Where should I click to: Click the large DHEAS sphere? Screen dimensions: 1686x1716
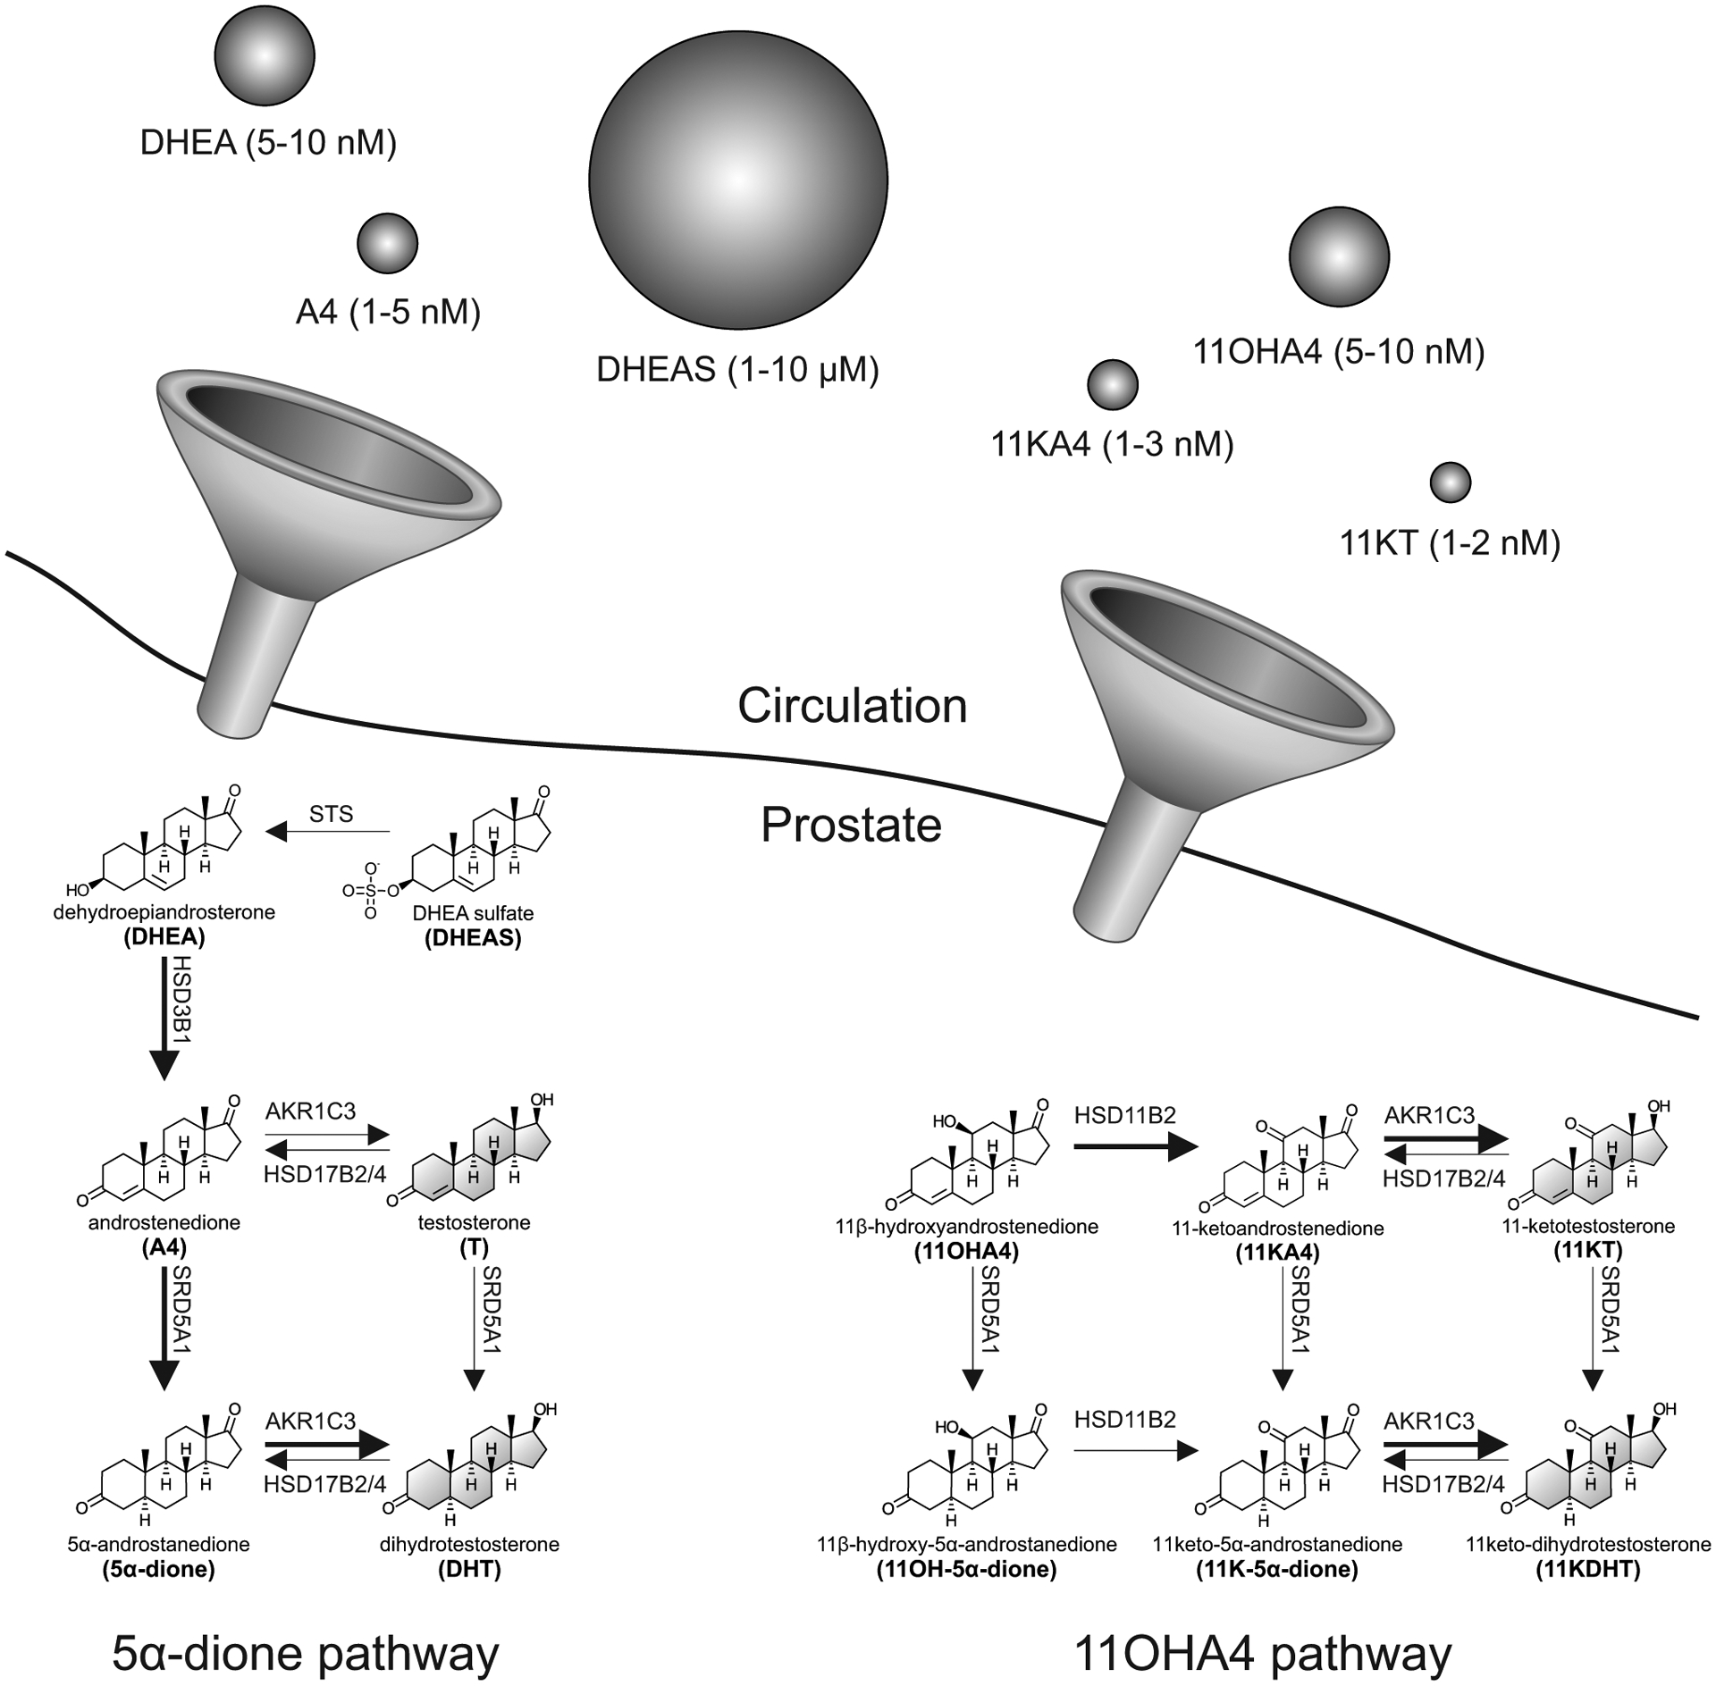pyautogui.click(x=737, y=180)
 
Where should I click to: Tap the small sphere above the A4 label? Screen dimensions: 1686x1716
pyautogui.click(x=387, y=243)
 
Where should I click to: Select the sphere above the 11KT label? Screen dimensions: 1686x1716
pyautogui.click(x=1450, y=482)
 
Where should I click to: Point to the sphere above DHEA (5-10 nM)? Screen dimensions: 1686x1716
pyautogui.click(x=265, y=55)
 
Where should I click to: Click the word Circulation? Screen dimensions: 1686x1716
pyautogui.click(x=852, y=706)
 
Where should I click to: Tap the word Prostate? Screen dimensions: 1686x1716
pyautogui.click(x=851, y=825)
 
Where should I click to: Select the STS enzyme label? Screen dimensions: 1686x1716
pyautogui.click(x=331, y=814)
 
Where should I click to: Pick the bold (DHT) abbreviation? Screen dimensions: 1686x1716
pyautogui.click(x=469, y=1570)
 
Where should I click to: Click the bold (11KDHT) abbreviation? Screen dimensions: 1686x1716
pyautogui.click(x=1587, y=1570)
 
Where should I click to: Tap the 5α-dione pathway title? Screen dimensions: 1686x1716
pyautogui.click(x=305, y=1653)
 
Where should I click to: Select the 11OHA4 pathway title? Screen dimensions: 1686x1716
pyautogui.click(x=1262, y=1653)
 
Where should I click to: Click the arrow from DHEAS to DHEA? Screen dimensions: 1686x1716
pyautogui.click(x=328, y=832)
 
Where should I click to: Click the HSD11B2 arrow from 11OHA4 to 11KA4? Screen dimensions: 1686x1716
pyautogui.click(x=1134, y=1147)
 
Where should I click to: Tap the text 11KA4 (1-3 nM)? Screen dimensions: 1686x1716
pyautogui.click(x=1112, y=444)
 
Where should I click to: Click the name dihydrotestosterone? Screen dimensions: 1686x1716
pyautogui.click(x=469, y=1545)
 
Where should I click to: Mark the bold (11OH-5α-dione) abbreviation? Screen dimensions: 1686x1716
pyautogui.click(x=966, y=1570)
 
